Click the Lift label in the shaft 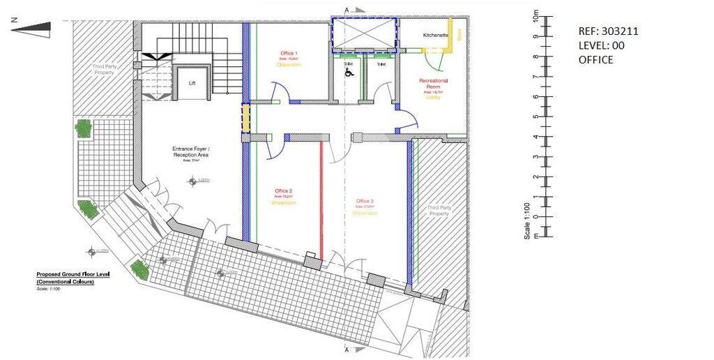[x=192, y=82]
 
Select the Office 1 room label [x=289, y=54]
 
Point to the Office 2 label [x=283, y=190]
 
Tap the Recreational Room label [x=433, y=84]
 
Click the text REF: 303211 [x=608, y=31]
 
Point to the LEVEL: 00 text [x=601, y=45]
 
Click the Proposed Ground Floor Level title [x=73, y=274]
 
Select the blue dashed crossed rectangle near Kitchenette [x=364, y=34]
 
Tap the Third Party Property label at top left [x=104, y=70]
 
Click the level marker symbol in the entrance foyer [x=192, y=181]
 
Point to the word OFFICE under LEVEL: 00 [x=595, y=59]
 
